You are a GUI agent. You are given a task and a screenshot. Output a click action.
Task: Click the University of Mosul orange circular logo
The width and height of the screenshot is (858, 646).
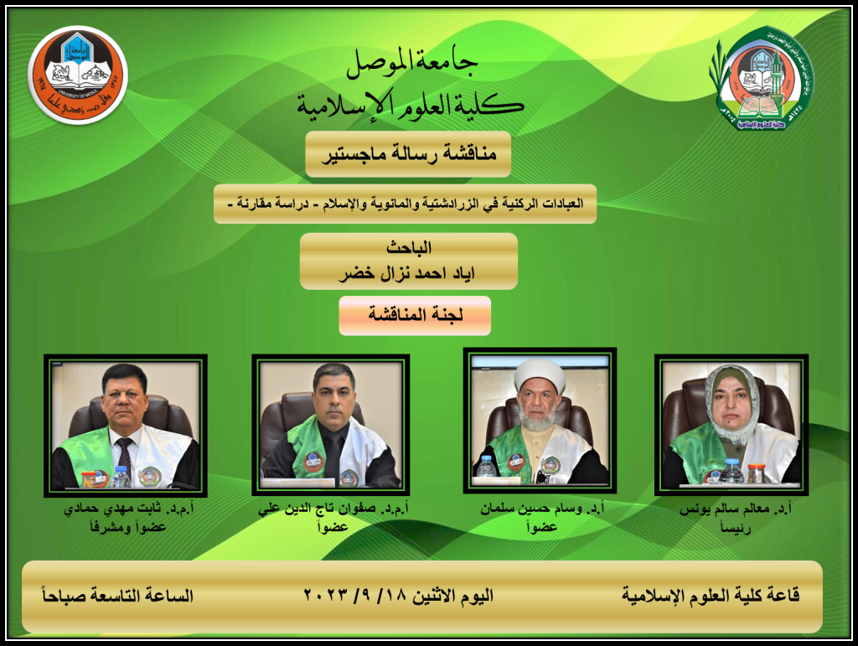78,75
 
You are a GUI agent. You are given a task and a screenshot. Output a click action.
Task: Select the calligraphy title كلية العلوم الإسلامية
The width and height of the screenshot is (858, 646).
411,104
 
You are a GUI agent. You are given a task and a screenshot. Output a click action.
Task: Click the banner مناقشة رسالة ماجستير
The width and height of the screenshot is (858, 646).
408,153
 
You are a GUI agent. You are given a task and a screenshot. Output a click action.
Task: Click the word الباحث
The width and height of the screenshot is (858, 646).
409,248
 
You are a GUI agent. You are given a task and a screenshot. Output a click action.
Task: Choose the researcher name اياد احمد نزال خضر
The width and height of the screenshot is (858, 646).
407,273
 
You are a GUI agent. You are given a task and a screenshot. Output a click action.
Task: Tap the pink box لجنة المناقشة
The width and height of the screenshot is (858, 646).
415,315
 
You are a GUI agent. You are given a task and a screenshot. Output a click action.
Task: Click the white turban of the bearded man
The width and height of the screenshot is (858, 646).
540,375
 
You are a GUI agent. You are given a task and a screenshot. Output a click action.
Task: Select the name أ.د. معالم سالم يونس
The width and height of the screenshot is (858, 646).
736,509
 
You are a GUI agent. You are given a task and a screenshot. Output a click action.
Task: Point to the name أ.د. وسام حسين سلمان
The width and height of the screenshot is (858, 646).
542,509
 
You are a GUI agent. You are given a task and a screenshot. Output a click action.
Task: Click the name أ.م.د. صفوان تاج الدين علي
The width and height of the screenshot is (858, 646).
333,509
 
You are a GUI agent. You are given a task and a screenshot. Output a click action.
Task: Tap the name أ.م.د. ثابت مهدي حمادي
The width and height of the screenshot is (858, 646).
129,509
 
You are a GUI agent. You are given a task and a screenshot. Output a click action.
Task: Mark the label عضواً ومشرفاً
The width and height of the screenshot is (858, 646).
128,527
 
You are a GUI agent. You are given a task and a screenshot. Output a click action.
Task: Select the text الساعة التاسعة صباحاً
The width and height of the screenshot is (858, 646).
117,595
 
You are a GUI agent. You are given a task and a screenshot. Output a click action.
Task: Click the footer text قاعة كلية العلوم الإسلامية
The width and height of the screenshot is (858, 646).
711,595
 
